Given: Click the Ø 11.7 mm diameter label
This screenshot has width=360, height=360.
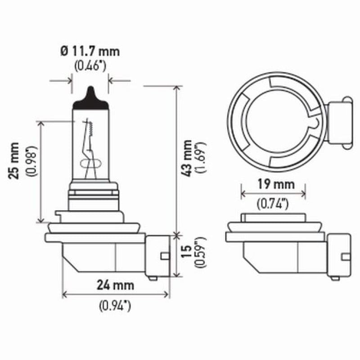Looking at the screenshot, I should tap(90, 51).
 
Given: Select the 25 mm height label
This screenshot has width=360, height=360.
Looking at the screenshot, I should tap(16, 160).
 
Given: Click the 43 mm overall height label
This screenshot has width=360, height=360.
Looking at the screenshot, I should tap(188, 157).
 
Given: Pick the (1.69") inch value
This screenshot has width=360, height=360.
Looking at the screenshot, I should tap(201, 157).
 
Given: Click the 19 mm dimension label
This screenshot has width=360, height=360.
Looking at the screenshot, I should tap(273, 184).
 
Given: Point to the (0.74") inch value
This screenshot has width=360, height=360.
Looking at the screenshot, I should tap(273, 204).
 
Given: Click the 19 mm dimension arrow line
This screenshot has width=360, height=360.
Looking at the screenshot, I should tap(273, 193).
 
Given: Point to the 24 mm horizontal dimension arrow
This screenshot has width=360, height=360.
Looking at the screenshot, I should tap(116, 295).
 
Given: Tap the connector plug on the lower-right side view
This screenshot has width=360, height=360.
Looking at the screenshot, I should tap(340, 256).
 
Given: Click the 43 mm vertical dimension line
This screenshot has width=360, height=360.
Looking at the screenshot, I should tap(176, 157).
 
